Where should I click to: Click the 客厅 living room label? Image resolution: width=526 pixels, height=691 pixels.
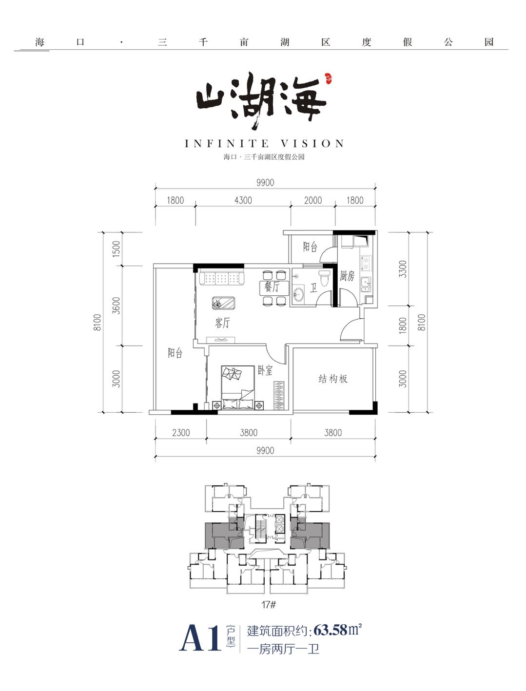tap(222, 323)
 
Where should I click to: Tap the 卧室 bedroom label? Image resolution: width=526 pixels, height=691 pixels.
tap(265, 370)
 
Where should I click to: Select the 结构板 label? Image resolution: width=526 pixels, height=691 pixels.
tap(333, 379)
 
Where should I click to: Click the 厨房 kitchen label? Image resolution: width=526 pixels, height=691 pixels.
tap(347, 276)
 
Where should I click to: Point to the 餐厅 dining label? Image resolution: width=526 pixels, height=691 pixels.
tap(272, 287)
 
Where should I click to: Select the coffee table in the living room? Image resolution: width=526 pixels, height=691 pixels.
tap(223, 304)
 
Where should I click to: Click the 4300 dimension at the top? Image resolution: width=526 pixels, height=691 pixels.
tap(243, 200)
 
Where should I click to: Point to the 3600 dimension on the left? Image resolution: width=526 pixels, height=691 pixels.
tap(116, 305)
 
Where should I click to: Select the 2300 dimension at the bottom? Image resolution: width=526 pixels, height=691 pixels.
tap(181, 433)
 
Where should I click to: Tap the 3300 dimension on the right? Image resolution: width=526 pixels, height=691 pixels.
tap(402, 269)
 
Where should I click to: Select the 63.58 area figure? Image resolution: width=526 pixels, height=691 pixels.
tap(330, 630)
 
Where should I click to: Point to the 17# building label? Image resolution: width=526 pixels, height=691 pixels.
tap(269, 605)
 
